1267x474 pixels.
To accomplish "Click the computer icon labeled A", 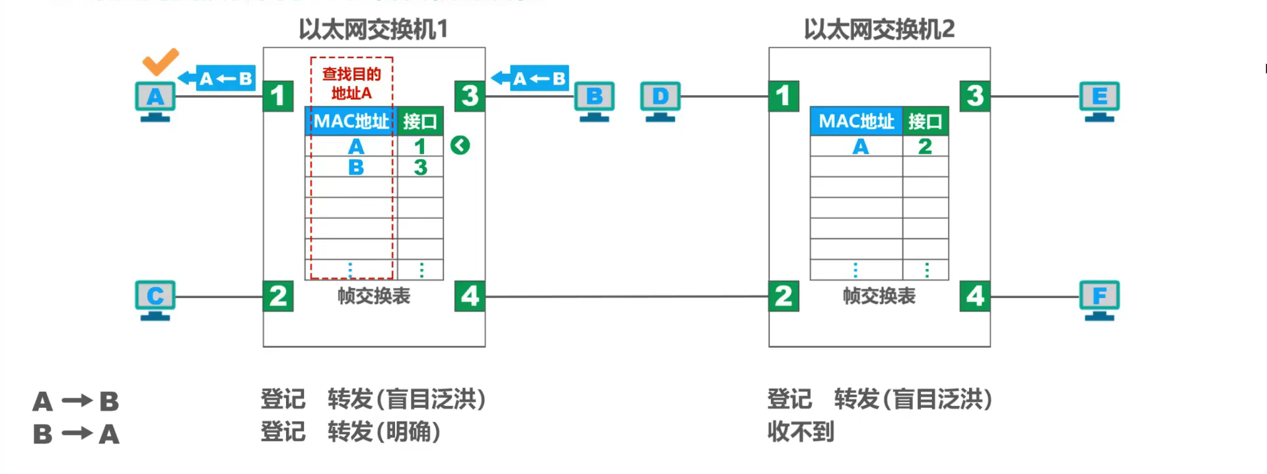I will [155, 100].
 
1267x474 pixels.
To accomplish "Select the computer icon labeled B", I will [594, 100].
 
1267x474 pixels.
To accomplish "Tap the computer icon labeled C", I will [155, 299].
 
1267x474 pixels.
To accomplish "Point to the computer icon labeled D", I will [660, 100].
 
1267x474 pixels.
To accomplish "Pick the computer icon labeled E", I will [1099, 100].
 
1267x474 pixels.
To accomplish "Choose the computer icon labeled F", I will [1099, 299].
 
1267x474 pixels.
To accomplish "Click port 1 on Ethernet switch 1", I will [278, 97].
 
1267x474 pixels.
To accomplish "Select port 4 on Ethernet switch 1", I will [470, 296].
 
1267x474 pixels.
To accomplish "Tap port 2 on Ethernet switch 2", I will [783, 296].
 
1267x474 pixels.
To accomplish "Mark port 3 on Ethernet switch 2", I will [975, 97].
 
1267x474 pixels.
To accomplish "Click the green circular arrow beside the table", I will [460, 145].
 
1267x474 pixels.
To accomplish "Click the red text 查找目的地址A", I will [351, 83].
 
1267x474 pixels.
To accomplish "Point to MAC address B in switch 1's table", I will [355, 167].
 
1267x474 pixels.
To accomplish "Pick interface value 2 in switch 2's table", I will [925, 146].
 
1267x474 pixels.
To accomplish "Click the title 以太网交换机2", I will [879, 29].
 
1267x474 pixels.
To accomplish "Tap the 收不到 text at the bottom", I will [801, 432].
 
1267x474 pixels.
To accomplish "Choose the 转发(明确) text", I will [384, 432].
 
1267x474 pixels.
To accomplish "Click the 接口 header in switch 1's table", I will [419, 122].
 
